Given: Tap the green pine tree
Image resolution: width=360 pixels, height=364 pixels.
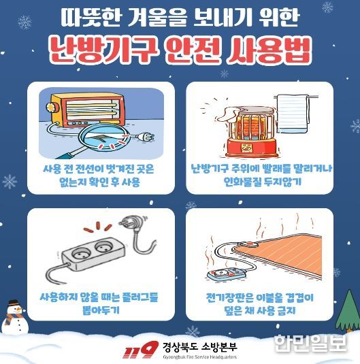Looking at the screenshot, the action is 348,311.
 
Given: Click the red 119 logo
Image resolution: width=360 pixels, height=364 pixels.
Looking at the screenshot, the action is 140,350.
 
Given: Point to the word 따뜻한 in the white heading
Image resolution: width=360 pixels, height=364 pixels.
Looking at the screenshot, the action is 91,18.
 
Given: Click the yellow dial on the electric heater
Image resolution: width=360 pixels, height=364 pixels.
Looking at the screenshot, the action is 50,107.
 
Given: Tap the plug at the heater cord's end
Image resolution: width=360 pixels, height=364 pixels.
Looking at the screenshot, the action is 145,137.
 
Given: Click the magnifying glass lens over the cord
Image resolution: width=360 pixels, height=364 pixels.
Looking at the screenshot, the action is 103,137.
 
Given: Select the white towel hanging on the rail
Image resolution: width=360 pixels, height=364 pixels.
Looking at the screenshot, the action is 293,114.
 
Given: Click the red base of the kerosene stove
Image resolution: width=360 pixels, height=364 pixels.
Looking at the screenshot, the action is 251,147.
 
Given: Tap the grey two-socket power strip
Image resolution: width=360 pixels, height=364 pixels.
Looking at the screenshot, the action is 93,254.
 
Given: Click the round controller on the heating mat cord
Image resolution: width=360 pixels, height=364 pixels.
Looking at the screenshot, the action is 248,244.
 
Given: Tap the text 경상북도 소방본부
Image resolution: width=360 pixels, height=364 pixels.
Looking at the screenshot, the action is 200,347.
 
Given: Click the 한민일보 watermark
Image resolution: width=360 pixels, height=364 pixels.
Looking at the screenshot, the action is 310,343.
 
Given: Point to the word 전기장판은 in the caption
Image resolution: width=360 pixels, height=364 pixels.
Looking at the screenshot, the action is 229,298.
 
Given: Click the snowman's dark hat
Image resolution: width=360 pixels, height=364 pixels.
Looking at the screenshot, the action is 14,303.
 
